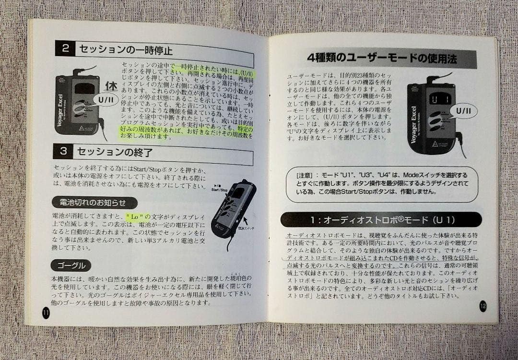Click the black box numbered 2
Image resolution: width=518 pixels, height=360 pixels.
tap(65, 48)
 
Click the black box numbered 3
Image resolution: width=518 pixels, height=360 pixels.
tap(63, 151)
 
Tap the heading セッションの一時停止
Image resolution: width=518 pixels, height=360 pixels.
tap(126, 50)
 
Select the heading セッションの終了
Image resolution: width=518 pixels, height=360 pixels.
tap(115, 153)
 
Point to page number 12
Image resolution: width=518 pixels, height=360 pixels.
tap(482, 306)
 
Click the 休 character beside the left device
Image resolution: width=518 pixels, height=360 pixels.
tap(111, 87)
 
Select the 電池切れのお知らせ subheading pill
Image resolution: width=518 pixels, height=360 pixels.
tap(94, 203)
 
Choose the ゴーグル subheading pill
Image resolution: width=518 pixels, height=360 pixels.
tap(71, 265)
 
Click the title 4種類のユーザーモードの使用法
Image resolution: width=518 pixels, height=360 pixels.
tap(382, 59)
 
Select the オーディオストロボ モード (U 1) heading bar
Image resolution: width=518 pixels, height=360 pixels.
tap(381, 220)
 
